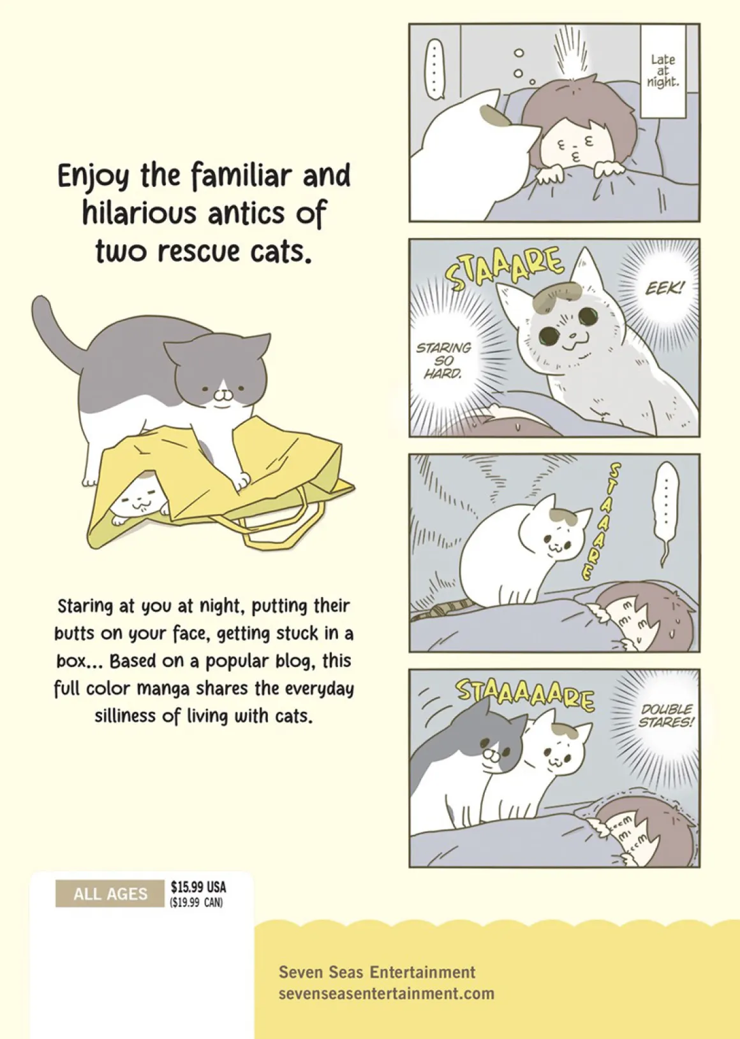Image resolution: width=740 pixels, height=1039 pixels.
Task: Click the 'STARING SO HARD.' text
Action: [x=443, y=360]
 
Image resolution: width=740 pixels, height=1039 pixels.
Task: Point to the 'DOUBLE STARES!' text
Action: [x=666, y=716]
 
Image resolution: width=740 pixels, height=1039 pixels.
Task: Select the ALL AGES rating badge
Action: [x=110, y=894]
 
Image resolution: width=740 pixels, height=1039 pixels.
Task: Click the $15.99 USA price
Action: [x=198, y=887]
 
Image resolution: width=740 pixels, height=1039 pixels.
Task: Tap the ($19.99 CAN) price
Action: [x=196, y=903]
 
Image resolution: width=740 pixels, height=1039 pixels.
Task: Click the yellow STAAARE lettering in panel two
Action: [x=505, y=269]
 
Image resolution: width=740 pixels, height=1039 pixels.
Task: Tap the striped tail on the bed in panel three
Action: [x=445, y=608]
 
